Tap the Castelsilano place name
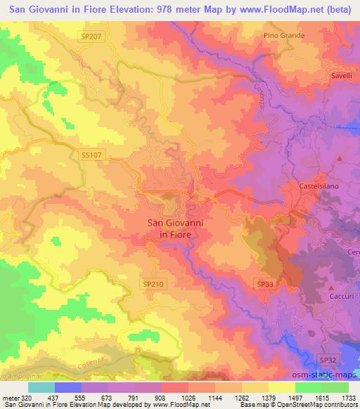321,186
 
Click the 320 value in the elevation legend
22,397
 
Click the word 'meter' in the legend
8,397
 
